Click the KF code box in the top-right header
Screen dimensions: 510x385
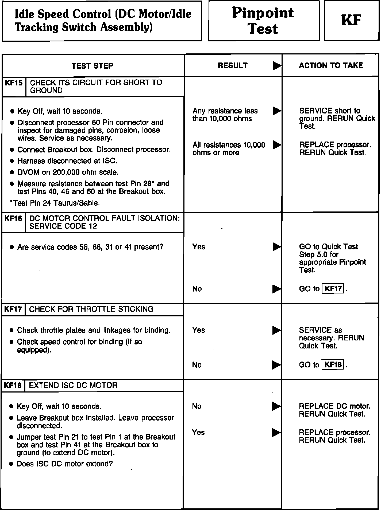click(351, 21)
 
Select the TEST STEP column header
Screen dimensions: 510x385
click(92, 66)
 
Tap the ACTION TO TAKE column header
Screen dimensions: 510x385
click(331, 65)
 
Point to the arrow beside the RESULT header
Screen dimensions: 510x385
click(277, 66)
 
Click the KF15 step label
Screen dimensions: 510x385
click(14, 83)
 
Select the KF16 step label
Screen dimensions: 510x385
click(13, 219)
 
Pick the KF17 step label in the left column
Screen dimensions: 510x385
click(13, 309)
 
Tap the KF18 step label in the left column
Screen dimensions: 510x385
click(13, 386)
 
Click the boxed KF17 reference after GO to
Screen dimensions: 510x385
click(333, 289)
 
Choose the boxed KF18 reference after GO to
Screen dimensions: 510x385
click(333, 365)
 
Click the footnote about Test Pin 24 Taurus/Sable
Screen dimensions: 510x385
click(55, 203)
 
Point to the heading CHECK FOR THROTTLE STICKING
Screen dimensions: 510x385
click(91, 309)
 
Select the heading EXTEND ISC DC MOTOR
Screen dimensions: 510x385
click(73, 385)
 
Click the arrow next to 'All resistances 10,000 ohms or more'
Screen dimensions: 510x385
click(277, 145)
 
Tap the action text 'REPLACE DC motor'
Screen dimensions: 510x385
click(334, 406)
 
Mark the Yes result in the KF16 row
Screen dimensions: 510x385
click(199, 247)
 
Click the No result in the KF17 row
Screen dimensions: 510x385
click(197, 365)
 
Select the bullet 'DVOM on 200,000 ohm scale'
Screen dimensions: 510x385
click(68, 172)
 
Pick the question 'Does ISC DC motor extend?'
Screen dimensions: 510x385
click(65, 464)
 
